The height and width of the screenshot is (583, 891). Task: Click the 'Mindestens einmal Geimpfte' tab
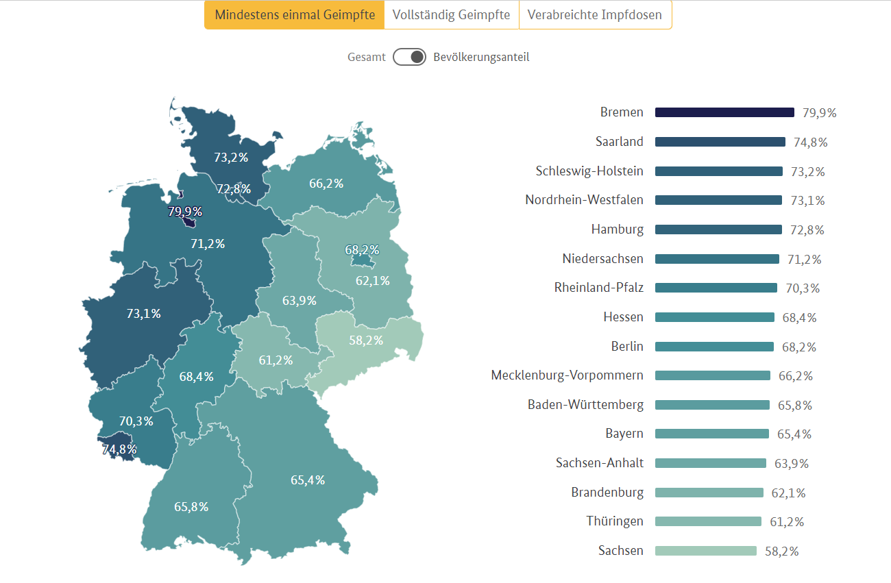[295, 15]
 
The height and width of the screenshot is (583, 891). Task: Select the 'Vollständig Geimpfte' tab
[452, 15]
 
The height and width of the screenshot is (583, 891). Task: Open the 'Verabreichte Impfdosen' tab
[595, 15]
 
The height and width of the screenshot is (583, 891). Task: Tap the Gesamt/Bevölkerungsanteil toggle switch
[410, 57]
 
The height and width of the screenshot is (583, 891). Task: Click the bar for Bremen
[724, 112]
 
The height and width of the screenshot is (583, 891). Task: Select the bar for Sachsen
[705, 551]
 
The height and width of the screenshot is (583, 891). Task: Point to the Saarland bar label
[620, 142]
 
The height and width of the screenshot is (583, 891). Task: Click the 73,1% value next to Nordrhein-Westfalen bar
[807, 201]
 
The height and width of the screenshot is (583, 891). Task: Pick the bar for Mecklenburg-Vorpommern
[712, 375]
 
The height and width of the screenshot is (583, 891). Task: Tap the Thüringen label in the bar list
[615, 521]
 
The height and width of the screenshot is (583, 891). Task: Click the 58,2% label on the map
[366, 340]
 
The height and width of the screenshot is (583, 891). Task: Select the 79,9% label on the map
[185, 212]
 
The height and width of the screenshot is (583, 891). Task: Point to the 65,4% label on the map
[308, 480]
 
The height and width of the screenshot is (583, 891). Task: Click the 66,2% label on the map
[326, 184]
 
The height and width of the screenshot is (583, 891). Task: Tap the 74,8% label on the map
[119, 449]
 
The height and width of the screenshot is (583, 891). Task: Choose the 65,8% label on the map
[191, 507]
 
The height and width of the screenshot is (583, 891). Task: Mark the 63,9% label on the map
[300, 300]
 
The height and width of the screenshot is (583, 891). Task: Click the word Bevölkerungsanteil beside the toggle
[481, 57]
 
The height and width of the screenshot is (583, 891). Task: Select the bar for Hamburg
[718, 230]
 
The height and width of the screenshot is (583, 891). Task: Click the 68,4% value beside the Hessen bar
[799, 318]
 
